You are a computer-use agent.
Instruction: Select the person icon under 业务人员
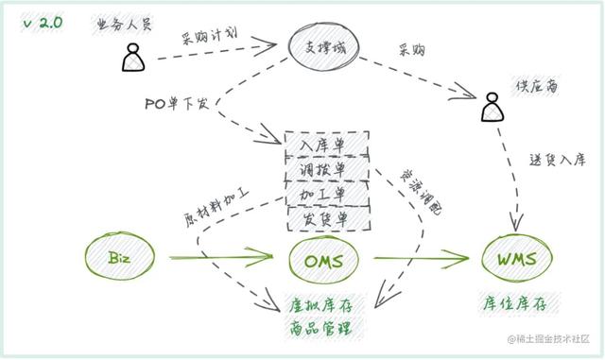(131, 58)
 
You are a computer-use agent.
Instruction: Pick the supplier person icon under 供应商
(490, 108)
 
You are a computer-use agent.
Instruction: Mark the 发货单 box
(325, 217)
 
